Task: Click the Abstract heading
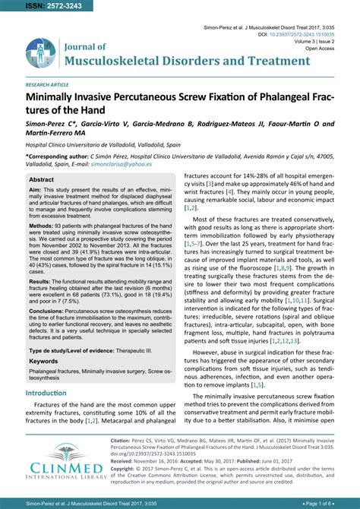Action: [x=41, y=180]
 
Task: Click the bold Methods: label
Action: [x=41, y=226]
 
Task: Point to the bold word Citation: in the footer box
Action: [x=125, y=439]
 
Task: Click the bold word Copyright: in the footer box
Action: [x=127, y=469]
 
